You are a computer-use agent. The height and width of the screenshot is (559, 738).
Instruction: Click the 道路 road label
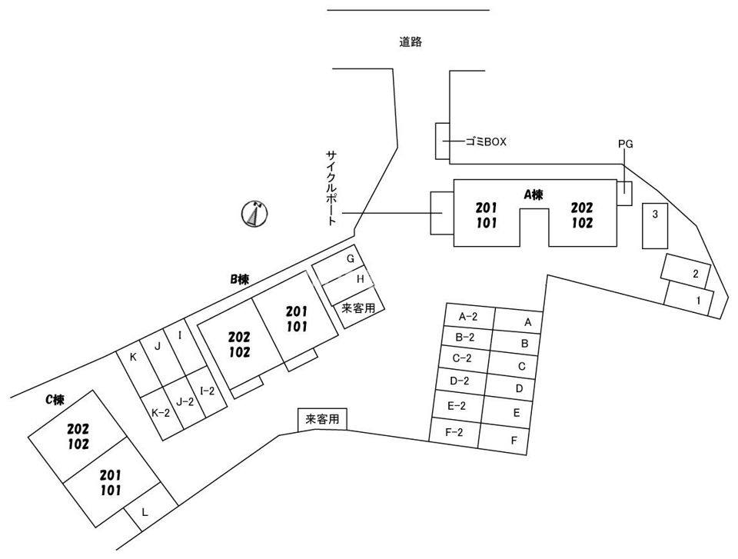click(x=411, y=42)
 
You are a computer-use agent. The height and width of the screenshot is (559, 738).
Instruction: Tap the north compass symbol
click(x=254, y=215)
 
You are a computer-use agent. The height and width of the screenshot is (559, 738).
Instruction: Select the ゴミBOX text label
click(x=486, y=141)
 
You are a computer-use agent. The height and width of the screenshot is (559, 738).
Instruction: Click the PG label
click(x=626, y=144)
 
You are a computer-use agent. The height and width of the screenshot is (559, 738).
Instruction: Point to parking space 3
click(x=655, y=226)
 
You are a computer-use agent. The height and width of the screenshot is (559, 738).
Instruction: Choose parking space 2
click(x=685, y=271)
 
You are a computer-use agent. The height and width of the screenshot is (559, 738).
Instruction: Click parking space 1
click(x=689, y=299)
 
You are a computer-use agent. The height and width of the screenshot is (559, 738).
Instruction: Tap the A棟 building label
click(x=534, y=194)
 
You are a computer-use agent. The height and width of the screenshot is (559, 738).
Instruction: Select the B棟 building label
click(x=239, y=279)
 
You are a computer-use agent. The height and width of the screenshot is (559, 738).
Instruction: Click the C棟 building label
click(x=55, y=400)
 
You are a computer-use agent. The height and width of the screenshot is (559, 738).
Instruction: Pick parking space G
click(x=341, y=265)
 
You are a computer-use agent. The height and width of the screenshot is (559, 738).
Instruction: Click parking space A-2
click(x=469, y=317)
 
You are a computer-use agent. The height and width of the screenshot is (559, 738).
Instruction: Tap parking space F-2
click(x=454, y=432)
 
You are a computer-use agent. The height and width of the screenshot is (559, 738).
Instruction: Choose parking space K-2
click(x=161, y=413)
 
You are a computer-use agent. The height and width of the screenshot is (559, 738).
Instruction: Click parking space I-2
click(x=207, y=392)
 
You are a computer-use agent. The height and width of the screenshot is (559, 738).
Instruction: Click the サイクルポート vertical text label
click(x=332, y=188)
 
